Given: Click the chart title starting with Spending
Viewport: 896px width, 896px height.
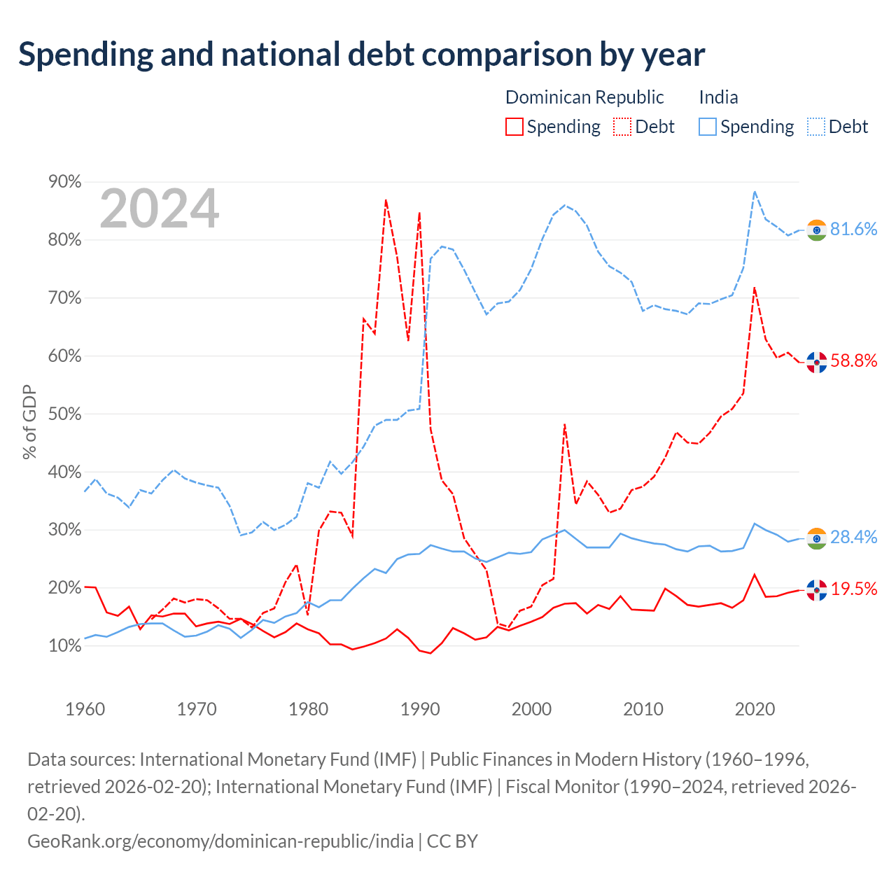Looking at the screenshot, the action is coord(361,55).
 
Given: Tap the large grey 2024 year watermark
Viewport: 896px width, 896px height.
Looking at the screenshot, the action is coord(159,208).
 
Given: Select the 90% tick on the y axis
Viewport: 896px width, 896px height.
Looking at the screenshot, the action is coord(64,181).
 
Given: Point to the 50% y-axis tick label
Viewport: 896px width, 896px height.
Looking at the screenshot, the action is coord(64,414).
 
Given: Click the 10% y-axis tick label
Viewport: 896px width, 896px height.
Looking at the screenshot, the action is coord(64,645).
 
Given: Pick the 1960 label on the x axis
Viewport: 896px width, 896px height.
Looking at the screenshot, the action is coord(85,709).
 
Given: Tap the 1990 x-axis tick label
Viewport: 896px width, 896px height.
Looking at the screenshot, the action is coord(420,709).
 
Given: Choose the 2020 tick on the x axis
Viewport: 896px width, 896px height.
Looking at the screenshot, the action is coord(755,709).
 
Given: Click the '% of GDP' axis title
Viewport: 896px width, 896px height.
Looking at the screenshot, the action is coord(29,421).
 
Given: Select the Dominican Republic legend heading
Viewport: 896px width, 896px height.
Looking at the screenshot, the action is coord(584,97).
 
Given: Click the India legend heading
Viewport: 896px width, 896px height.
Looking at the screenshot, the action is coord(718,97).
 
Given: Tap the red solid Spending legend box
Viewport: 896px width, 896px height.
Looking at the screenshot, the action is coord(514,127).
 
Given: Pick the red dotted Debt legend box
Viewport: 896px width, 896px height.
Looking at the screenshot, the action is coord(622,127).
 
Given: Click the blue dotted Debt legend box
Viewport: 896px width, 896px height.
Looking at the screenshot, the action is coord(816,127).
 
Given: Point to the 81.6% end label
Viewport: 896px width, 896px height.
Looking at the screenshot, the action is coord(854,229).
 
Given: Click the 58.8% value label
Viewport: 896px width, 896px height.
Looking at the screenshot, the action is coord(854,360).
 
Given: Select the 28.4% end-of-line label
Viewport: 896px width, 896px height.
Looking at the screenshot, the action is coord(854,537).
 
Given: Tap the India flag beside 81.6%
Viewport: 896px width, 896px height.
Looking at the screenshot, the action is coord(816,230).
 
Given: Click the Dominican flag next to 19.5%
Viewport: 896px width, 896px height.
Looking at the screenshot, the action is coord(816,590).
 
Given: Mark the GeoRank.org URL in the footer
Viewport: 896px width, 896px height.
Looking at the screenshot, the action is coord(220,841).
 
